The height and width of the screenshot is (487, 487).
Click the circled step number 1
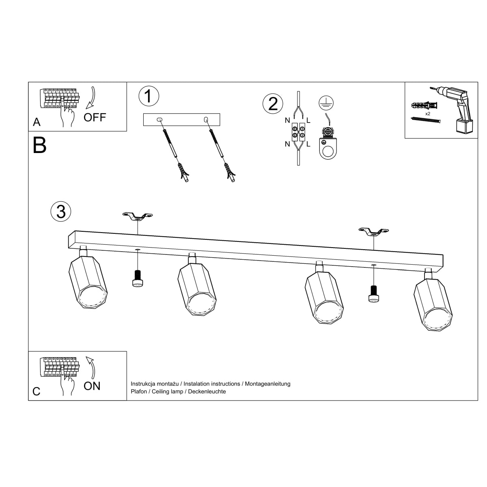click(x=149, y=96)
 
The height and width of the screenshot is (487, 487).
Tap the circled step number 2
click(x=273, y=103)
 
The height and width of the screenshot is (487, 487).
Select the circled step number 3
click(x=61, y=211)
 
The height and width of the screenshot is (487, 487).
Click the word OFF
click(x=95, y=118)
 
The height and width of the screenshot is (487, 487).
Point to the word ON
click(x=92, y=386)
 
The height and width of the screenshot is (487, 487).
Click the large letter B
click(x=40, y=145)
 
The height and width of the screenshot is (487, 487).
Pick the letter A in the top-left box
click(x=37, y=122)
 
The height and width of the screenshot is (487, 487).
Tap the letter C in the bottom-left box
click(x=37, y=391)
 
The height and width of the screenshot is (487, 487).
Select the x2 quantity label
click(x=428, y=114)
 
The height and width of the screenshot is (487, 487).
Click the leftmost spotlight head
click(x=88, y=283)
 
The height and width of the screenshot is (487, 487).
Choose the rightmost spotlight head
click(x=433, y=304)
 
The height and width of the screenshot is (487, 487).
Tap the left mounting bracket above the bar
click(x=138, y=216)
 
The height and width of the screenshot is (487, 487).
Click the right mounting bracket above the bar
click(x=373, y=231)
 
